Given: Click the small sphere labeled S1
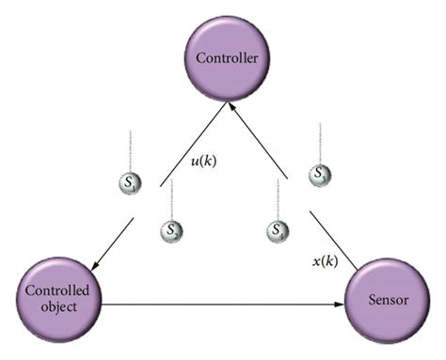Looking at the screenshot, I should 128,184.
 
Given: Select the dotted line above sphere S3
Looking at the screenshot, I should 321,141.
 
